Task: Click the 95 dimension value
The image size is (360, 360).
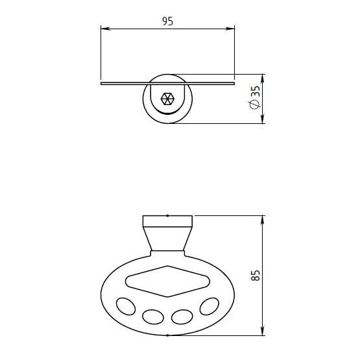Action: click(x=167, y=21)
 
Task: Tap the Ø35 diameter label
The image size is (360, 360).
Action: click(x=255, y=97)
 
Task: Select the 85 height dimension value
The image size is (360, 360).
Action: click(x=255, y=275)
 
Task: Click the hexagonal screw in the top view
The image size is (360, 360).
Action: click(x=167, y=99)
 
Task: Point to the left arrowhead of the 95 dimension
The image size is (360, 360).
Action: click(x=106, y=29)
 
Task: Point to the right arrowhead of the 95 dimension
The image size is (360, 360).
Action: click(x=230, y=29)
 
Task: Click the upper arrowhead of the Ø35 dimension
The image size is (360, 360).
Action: click(x=263, y=79)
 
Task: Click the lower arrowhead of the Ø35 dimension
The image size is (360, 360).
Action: click(x=263, y=119)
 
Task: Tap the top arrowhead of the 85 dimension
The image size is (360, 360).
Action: click(x=263, y=221)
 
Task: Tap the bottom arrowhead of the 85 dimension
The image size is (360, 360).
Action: click(x=263, y=331)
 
